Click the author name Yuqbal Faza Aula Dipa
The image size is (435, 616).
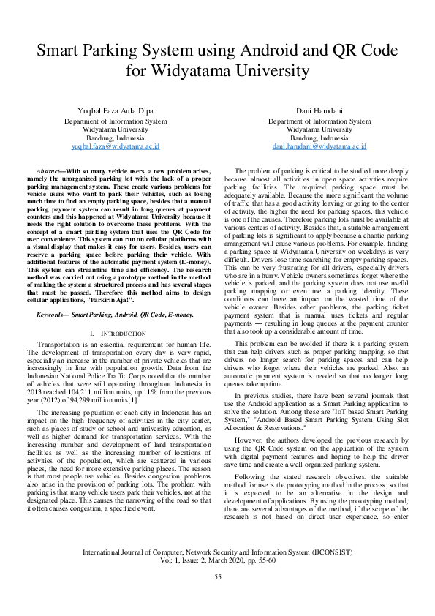116,110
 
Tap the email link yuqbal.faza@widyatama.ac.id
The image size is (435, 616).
116,146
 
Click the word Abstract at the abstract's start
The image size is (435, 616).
50,169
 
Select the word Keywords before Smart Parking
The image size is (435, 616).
53,334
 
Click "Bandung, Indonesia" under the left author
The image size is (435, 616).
116,138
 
